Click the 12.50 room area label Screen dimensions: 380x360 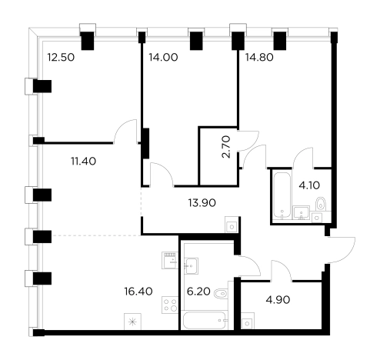61,57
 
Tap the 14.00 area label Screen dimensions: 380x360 163,57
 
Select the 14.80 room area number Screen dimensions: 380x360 259,57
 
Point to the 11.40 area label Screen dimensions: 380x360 84,162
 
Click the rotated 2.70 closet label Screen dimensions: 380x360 227,147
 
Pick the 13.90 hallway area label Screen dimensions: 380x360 202,203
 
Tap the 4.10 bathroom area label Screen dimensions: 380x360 309,185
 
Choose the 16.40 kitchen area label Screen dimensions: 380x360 138,292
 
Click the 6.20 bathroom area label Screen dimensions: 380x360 198,292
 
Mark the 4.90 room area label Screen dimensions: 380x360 278,299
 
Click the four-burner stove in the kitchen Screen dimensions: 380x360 170,305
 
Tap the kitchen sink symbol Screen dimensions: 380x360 170,260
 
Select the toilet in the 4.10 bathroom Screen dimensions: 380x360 321,204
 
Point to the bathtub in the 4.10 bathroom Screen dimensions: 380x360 282,195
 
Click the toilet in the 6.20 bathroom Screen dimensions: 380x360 221,293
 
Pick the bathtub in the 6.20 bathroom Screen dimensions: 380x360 205,320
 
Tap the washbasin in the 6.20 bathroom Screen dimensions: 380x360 191,266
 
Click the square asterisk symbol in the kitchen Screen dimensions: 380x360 132,322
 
